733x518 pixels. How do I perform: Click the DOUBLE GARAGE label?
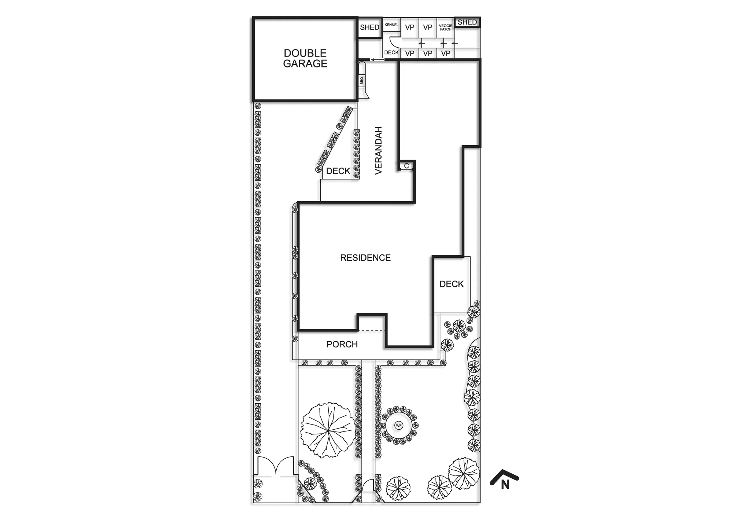(x=305, y=58)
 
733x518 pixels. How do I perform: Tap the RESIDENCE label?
(x=365, y=258)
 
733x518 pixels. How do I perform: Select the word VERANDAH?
(x=379, y=150)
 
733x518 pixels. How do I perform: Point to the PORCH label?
(x=342, y=344)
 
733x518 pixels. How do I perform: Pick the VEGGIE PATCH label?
(x=446, y=27)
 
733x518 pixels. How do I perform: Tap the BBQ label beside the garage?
(x=362, y=81)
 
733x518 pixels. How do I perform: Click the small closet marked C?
(x=406, y=166)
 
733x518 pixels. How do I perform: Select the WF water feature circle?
(x=399, y=426)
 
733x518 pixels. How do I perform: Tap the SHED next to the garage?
(x=369, y=27)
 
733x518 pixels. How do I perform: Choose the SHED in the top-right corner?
(x=467, y=22)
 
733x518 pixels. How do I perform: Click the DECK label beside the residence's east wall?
(x=452, y=284)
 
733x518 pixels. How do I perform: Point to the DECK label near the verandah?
(x=338, y=171)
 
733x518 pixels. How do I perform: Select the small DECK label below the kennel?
(x=391, y=52)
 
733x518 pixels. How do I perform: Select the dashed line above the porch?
(x=372, y=330)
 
